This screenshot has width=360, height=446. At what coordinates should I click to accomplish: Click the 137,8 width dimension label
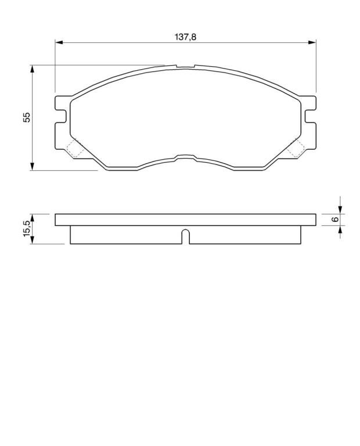(x=185, y=37)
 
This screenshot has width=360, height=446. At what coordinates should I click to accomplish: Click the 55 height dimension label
(x=26, y=117)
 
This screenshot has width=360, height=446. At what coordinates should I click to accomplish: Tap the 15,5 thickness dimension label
(x=26, y=228)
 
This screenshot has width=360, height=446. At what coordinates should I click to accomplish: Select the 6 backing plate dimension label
(x=336, y=220)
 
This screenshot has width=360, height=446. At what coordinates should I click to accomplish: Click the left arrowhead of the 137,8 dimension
(x=59, y=42)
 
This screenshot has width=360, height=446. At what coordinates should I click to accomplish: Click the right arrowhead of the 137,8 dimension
(x=312, y=42)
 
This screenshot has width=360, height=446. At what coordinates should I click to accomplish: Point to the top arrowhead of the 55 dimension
(x=32, y=69)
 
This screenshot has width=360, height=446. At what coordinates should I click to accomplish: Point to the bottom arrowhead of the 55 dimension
(x=32, y=167)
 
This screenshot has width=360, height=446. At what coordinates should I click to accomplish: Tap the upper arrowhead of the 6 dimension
(x=340, y=210)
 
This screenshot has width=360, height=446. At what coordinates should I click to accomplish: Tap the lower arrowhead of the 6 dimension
(x=340, y=229)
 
